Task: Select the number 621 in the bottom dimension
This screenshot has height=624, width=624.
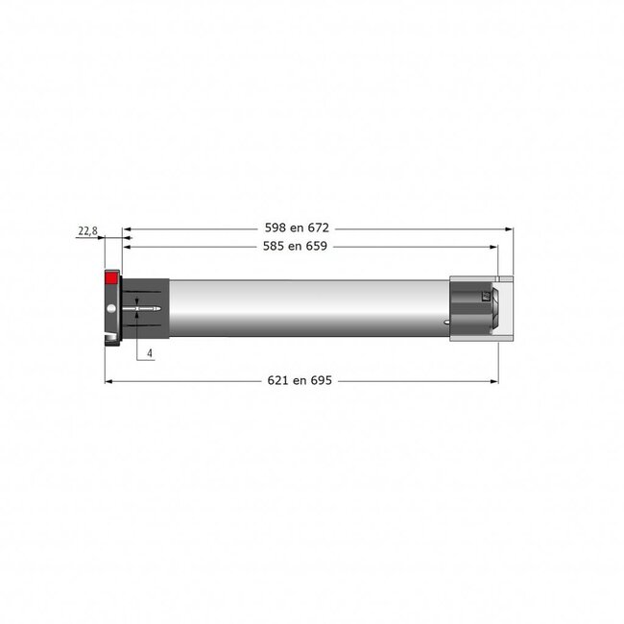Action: [278, 381]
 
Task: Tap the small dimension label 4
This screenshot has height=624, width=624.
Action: [151, 353]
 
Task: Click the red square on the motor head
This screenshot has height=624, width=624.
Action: [110, 278]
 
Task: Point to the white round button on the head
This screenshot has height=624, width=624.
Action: [113, 308]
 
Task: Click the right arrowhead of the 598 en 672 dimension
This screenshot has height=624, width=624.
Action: [508, 229]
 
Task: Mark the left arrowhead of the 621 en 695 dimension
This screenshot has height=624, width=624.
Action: [108, 382]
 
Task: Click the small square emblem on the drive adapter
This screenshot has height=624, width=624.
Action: [487, 299]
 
